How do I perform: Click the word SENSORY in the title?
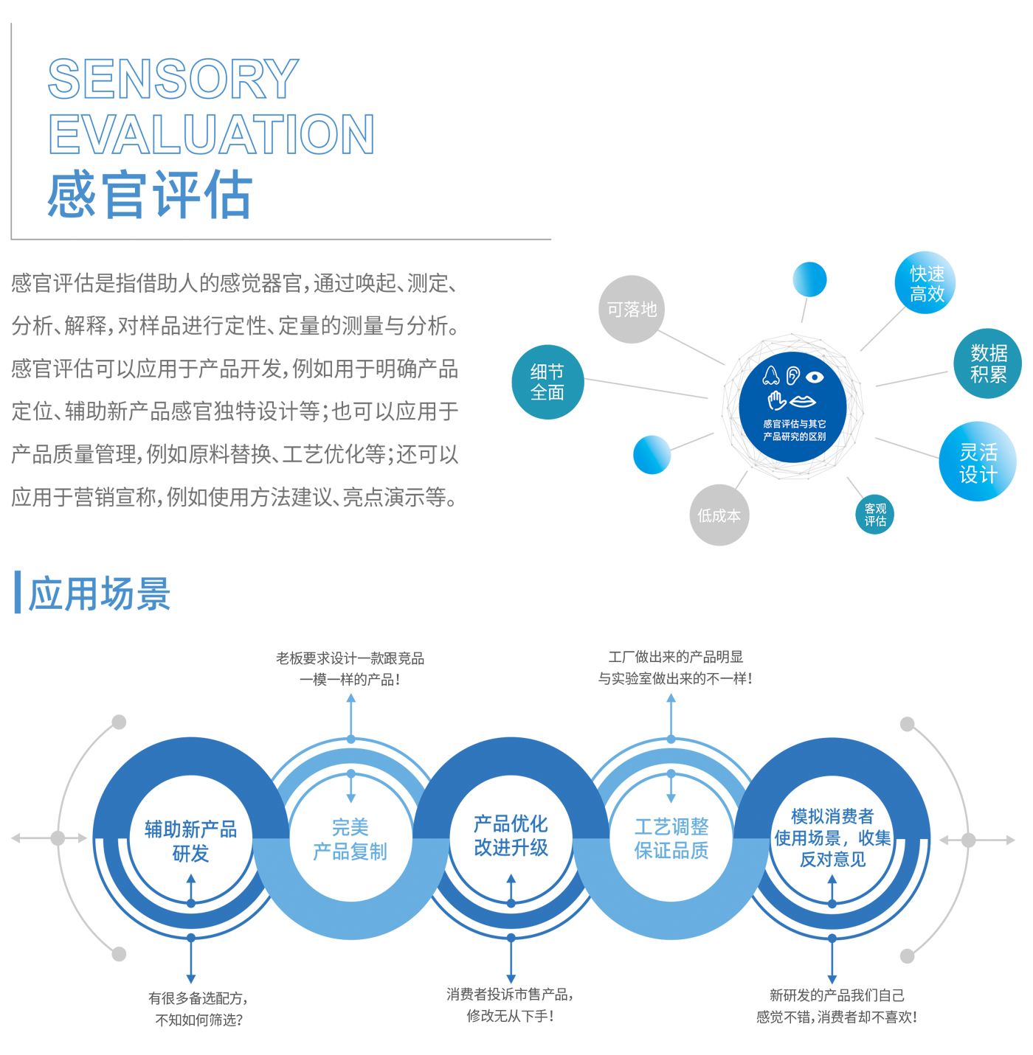click(x=173, y=79)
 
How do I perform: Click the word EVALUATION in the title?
click(x=211, y=134)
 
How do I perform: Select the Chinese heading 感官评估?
click(x=150, y=194)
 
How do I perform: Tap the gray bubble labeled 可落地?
click(x=632, y=309)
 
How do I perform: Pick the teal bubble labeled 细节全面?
click(x=547, y=382)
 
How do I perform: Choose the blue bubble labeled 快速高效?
click(x=925, y=282)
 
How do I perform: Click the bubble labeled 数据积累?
click(x=987, y=363)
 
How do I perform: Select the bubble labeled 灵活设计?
click(x=978, y=462)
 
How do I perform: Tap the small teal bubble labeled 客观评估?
click(x=874, y=515)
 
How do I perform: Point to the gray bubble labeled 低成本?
click(x=719, y=515)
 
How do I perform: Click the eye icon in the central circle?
click(x=815, y=377)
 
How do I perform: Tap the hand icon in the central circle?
click(x=777, y=400)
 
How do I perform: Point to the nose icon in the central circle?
click(x=770, y=375)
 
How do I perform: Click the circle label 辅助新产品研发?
click(x=191, y=841)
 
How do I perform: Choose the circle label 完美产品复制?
click(x=350, y=839)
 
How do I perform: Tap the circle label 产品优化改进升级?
click(x=511, y=835)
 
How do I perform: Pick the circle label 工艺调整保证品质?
click(x=671, y=839)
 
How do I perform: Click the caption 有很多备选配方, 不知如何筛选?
click(x=198, y=1009)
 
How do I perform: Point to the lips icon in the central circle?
click(x=803, y=402)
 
